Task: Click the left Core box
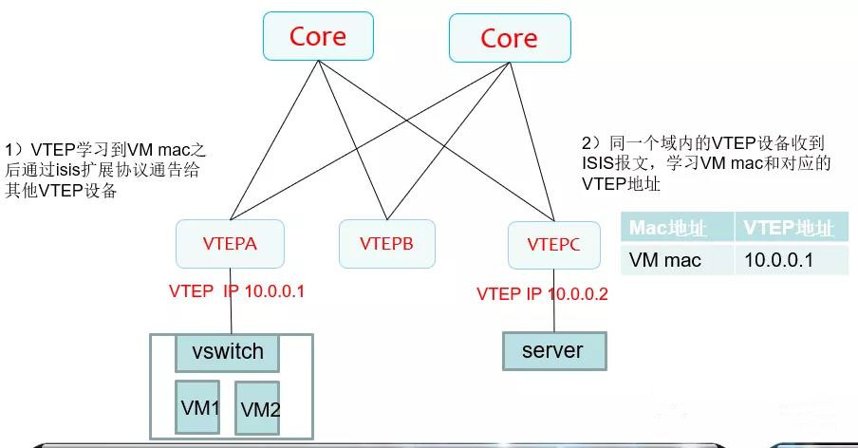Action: tap(318, 38)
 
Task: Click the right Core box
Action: tap(509, 39)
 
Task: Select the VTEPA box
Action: tap(230, 243)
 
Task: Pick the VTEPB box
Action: tap(385, 243)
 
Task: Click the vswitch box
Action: tap(228, 352)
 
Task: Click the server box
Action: tap(552, 350)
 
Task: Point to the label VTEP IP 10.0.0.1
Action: tap(236, 290)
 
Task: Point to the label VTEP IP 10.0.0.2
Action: tap(542, 293)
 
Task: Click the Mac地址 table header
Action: tap(675, 229)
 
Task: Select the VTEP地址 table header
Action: tap(788, 229)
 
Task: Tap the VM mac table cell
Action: tap(665, 258)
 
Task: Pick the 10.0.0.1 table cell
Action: tap(781, 258)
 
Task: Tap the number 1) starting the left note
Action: tap(13, 151)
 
